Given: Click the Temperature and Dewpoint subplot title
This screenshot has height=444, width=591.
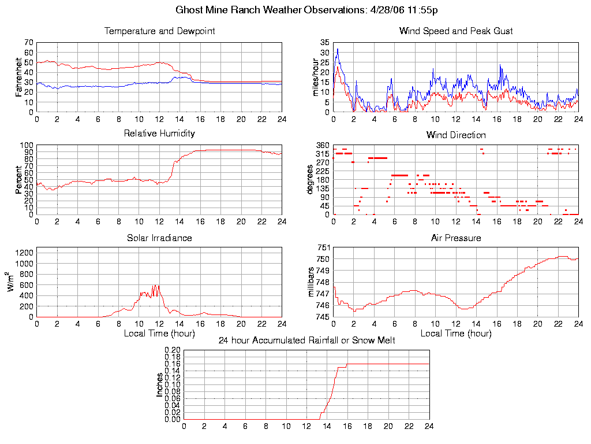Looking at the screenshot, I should pyautogui.click(x=159, y=31).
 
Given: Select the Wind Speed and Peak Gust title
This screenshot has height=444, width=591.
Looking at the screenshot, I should pyautogui.click(x=456, y=31).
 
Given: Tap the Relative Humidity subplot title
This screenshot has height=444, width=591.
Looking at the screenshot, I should pyautogui.click(x=159, y=134).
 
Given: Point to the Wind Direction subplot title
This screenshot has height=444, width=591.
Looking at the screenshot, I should pyautogui.click(x=456, y=135).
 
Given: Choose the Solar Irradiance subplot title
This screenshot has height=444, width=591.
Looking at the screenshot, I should pyautogui.click(x=159, y=238).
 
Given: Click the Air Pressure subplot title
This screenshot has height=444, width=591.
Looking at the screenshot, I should pyautogui.click(x=456, y=238).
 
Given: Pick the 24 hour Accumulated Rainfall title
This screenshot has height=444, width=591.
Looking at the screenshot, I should pyautogui.click(x=306, y=341).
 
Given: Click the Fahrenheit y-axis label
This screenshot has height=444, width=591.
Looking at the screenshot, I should pyautogui.click(x=19, y=77).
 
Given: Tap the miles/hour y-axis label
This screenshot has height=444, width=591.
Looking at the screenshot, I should pyautogui.click(x=315, y=77).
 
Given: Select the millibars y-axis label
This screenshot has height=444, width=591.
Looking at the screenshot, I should pyautogui.click(x=315, y=282).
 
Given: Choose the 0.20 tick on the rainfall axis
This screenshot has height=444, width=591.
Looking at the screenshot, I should pyautogui.click(x=173, y=350).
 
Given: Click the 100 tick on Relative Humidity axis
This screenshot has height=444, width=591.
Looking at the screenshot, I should pyautogui.click(x=27, y=145).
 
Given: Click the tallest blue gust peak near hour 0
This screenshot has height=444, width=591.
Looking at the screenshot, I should pyautogui.click(x=338, y=49).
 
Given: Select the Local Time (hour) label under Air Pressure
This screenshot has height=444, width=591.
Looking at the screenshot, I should pyautogui.click(x=456, y=334).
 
